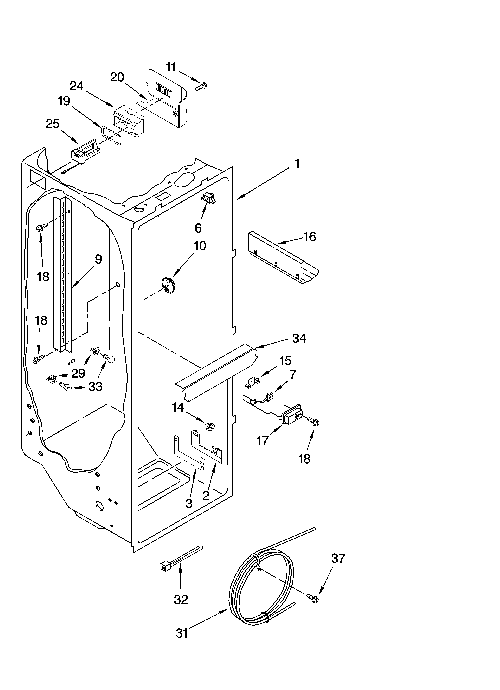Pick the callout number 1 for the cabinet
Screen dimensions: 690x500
pos(297,164)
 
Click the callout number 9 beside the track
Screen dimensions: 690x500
pos(98,259)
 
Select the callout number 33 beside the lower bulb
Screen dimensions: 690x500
pos(95,387)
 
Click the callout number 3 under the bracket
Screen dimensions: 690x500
pos(189,503)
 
